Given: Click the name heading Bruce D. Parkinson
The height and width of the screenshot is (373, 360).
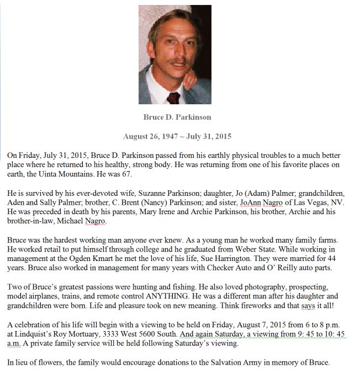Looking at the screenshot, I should pyautogui.click(x=177, y=117).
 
